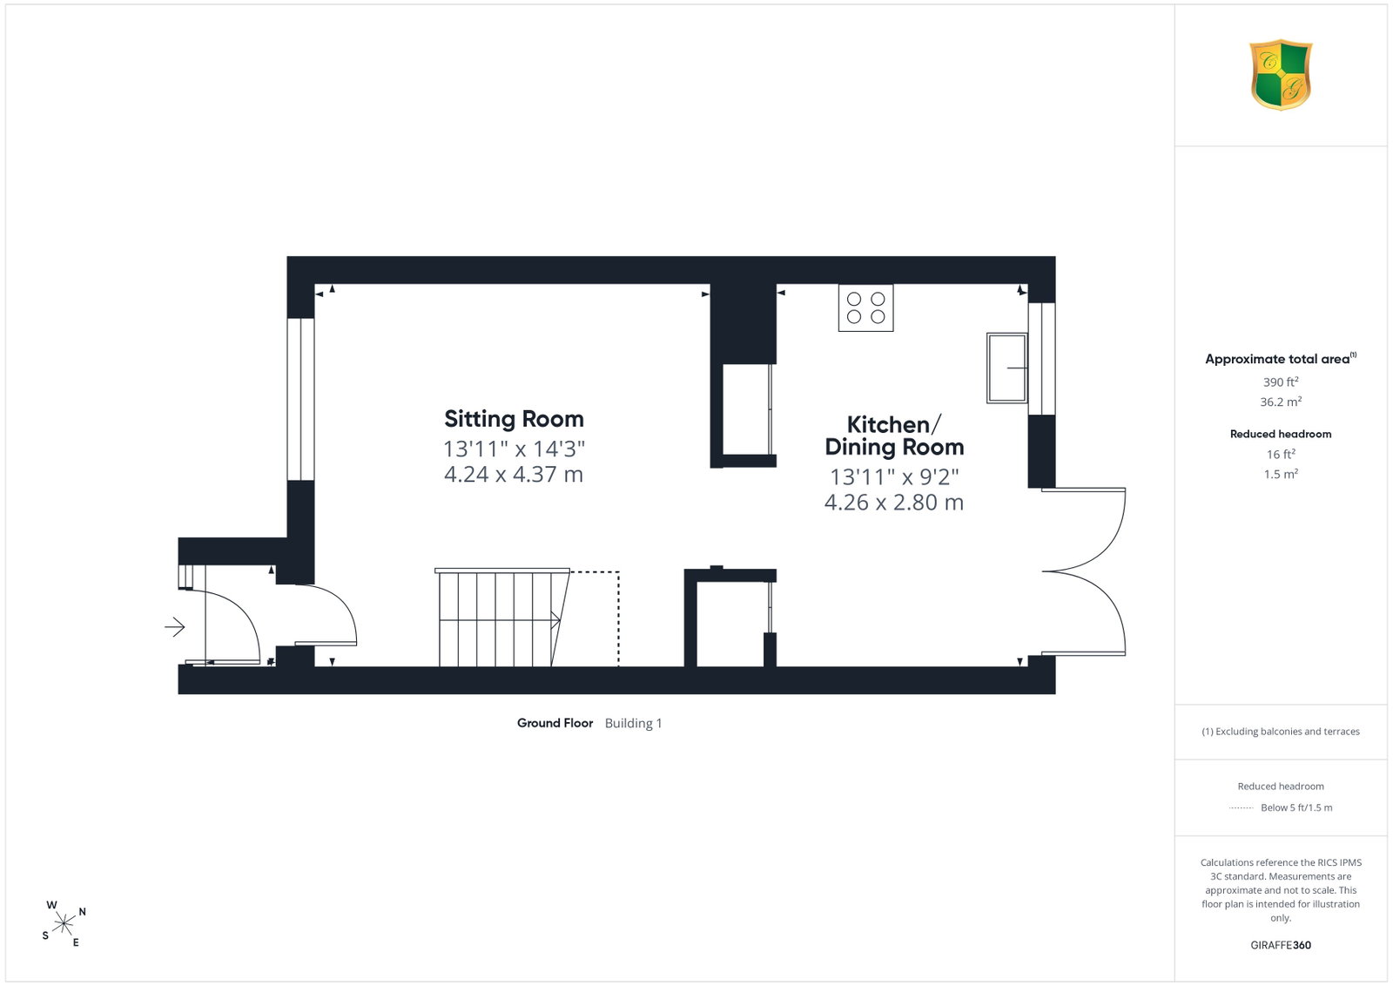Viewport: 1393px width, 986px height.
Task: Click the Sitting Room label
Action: (514, 419)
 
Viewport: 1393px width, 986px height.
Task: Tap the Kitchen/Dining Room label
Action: (894, 436)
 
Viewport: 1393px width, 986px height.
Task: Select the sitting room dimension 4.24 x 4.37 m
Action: (514, 475)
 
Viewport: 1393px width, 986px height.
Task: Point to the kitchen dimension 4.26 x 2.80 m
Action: (894, 503)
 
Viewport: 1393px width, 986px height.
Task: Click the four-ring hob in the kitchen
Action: (865, 308)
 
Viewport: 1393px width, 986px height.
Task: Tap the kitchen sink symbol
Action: (1006, 368)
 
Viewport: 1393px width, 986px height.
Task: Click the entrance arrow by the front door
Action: (175, 626)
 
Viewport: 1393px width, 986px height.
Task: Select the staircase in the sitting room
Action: (502, 617)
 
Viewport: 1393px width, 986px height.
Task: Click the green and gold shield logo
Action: (1281, 75)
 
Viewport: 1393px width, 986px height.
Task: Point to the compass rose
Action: (64, 924)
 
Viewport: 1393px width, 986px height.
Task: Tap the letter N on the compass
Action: (82, 912)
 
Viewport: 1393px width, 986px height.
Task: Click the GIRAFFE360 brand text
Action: (1281, 945)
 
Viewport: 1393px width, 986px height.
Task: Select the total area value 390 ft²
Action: (1281, 382)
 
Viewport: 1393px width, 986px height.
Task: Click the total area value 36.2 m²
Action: (1281, 402)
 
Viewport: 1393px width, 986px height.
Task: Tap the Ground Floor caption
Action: (555, 723)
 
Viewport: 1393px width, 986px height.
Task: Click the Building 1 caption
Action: (633, 723)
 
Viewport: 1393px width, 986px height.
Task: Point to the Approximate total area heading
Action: (1281, 358)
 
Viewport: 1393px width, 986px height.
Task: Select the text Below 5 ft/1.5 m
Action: (1296, 807)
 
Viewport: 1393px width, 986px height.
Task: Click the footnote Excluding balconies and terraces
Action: (1281, 732)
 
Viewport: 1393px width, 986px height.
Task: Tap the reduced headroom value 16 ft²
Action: (1281, 454)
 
